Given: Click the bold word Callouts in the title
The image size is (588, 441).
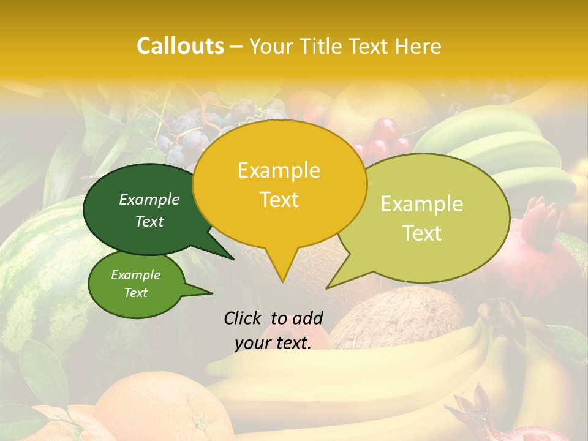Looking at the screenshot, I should pos(180,46).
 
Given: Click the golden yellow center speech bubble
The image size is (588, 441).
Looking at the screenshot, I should pos(279,184).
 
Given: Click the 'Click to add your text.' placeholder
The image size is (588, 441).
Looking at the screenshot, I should pos(273,330).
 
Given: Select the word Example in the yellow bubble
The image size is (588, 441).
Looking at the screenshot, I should pos(279,170).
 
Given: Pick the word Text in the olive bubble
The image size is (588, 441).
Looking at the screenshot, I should pos(423,233).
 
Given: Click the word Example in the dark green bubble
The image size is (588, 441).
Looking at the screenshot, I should pos(149,200).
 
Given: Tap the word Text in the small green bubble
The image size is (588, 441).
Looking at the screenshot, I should pos(136,293).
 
